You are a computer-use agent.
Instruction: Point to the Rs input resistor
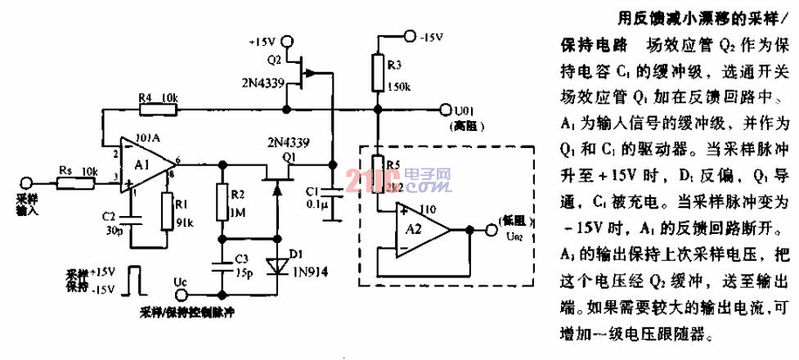(x=66, y=182)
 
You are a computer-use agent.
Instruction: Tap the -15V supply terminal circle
(x=407, y=36)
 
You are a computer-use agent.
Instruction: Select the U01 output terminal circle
(x=446, y=109)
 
